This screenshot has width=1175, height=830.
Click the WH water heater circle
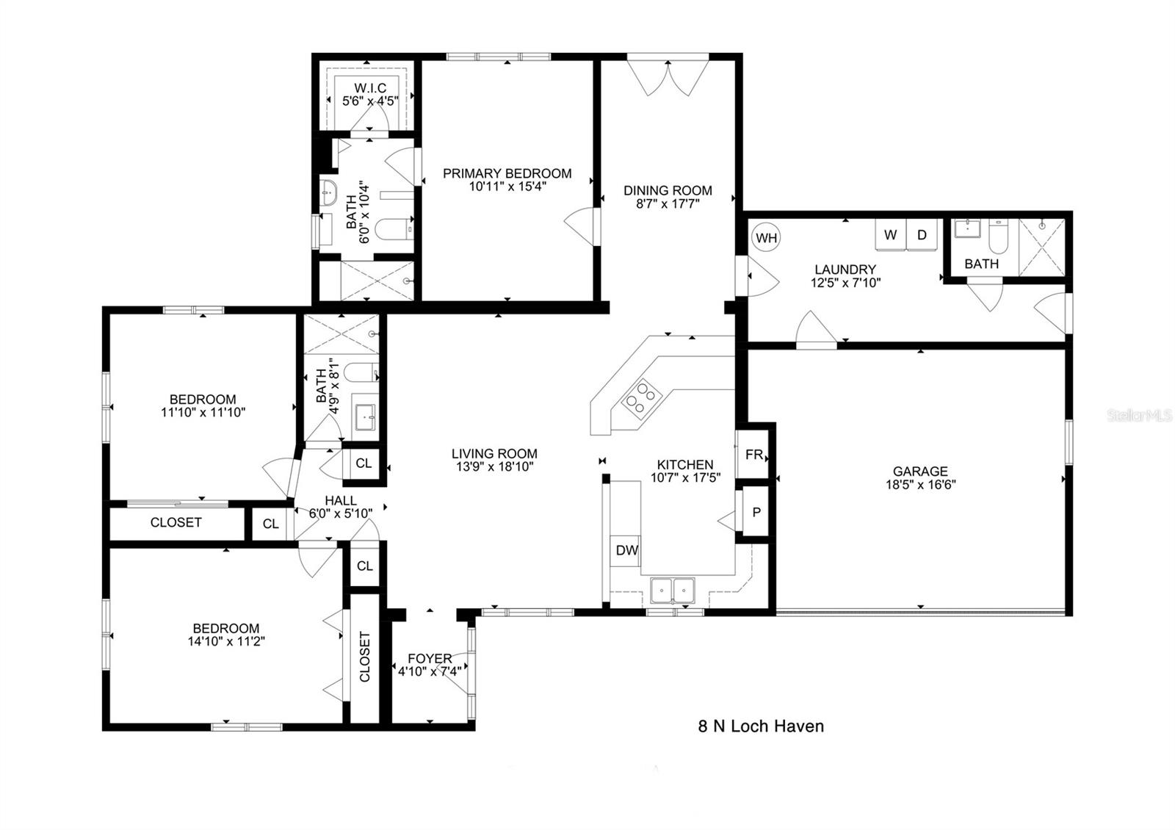click(x=766, y=238)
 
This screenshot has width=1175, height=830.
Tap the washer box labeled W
click(x=890, y=235)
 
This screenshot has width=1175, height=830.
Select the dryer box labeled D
click(x=922, y=235)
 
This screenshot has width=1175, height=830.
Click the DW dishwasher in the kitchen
click(x=626, y=550)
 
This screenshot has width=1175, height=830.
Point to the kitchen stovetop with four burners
click(x=639, y=397)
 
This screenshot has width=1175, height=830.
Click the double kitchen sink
click(x=673, y=590)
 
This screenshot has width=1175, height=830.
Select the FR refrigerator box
click(x=754, y=455)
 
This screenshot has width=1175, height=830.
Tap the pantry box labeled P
click(x=756, y=512)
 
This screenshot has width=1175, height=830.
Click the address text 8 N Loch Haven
click(x=760, y=726)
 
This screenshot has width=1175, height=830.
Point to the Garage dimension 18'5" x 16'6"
click(x=920, y=484)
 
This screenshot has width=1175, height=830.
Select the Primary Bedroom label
click(x=507, y=174)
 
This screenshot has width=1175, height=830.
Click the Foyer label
click(x=430, y=659)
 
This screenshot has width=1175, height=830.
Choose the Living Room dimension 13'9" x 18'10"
click(x=494, y=466)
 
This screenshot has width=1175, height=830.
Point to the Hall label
click(x=341, y=500)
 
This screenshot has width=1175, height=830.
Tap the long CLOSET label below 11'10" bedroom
click(x=176, y=522)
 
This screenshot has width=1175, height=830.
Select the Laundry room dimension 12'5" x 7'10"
click(x=845, y=282)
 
